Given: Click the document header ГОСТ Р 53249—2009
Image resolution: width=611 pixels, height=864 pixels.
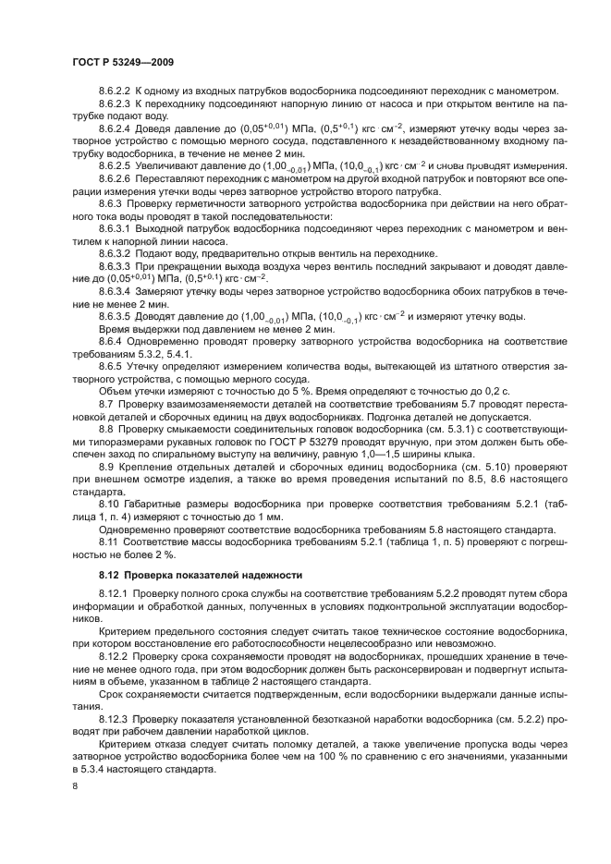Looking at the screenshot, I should tap(123, 61).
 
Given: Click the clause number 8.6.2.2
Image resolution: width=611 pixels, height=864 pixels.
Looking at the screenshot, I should tap(116, 91).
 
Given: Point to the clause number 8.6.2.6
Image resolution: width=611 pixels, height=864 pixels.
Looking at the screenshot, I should tap(116, 176).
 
